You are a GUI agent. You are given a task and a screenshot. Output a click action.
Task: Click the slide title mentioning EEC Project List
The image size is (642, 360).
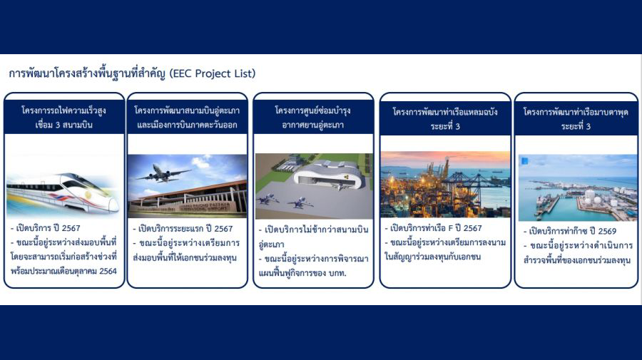tap(132, 73)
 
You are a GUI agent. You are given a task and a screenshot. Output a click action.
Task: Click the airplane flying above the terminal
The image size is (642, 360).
tap(163, 173)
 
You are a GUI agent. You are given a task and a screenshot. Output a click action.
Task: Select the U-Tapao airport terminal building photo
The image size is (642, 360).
tap(188, 186)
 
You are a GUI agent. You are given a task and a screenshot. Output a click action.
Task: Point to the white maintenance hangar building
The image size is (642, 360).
tap(327, 175)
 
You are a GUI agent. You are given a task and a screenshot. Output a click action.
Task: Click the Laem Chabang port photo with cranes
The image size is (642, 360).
tap(445, 185)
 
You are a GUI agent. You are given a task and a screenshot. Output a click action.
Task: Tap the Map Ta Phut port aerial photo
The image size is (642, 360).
tap(578, 187)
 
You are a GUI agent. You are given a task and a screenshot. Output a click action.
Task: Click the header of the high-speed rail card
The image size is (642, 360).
tap(64, 117)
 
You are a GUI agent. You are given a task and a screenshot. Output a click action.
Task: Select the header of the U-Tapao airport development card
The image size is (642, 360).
tap(188, 117)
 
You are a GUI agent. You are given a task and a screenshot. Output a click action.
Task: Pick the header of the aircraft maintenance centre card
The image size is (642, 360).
tap(313, 117)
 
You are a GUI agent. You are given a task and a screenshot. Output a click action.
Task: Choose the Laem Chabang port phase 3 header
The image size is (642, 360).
tap(445, 118)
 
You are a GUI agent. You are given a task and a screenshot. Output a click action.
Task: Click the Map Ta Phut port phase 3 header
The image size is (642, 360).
tap(576, 118)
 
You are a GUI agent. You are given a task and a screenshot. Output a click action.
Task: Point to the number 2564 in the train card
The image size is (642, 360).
tap(108, 271)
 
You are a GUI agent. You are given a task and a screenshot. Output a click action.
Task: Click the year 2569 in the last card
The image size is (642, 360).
tap(607, 231)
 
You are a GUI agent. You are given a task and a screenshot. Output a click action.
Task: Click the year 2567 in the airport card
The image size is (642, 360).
tap(223, 229)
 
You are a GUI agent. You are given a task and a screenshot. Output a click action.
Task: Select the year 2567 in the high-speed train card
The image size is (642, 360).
tap(71, 228)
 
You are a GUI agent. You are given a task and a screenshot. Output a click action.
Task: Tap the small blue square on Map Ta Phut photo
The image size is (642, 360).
tap(524, 161)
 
